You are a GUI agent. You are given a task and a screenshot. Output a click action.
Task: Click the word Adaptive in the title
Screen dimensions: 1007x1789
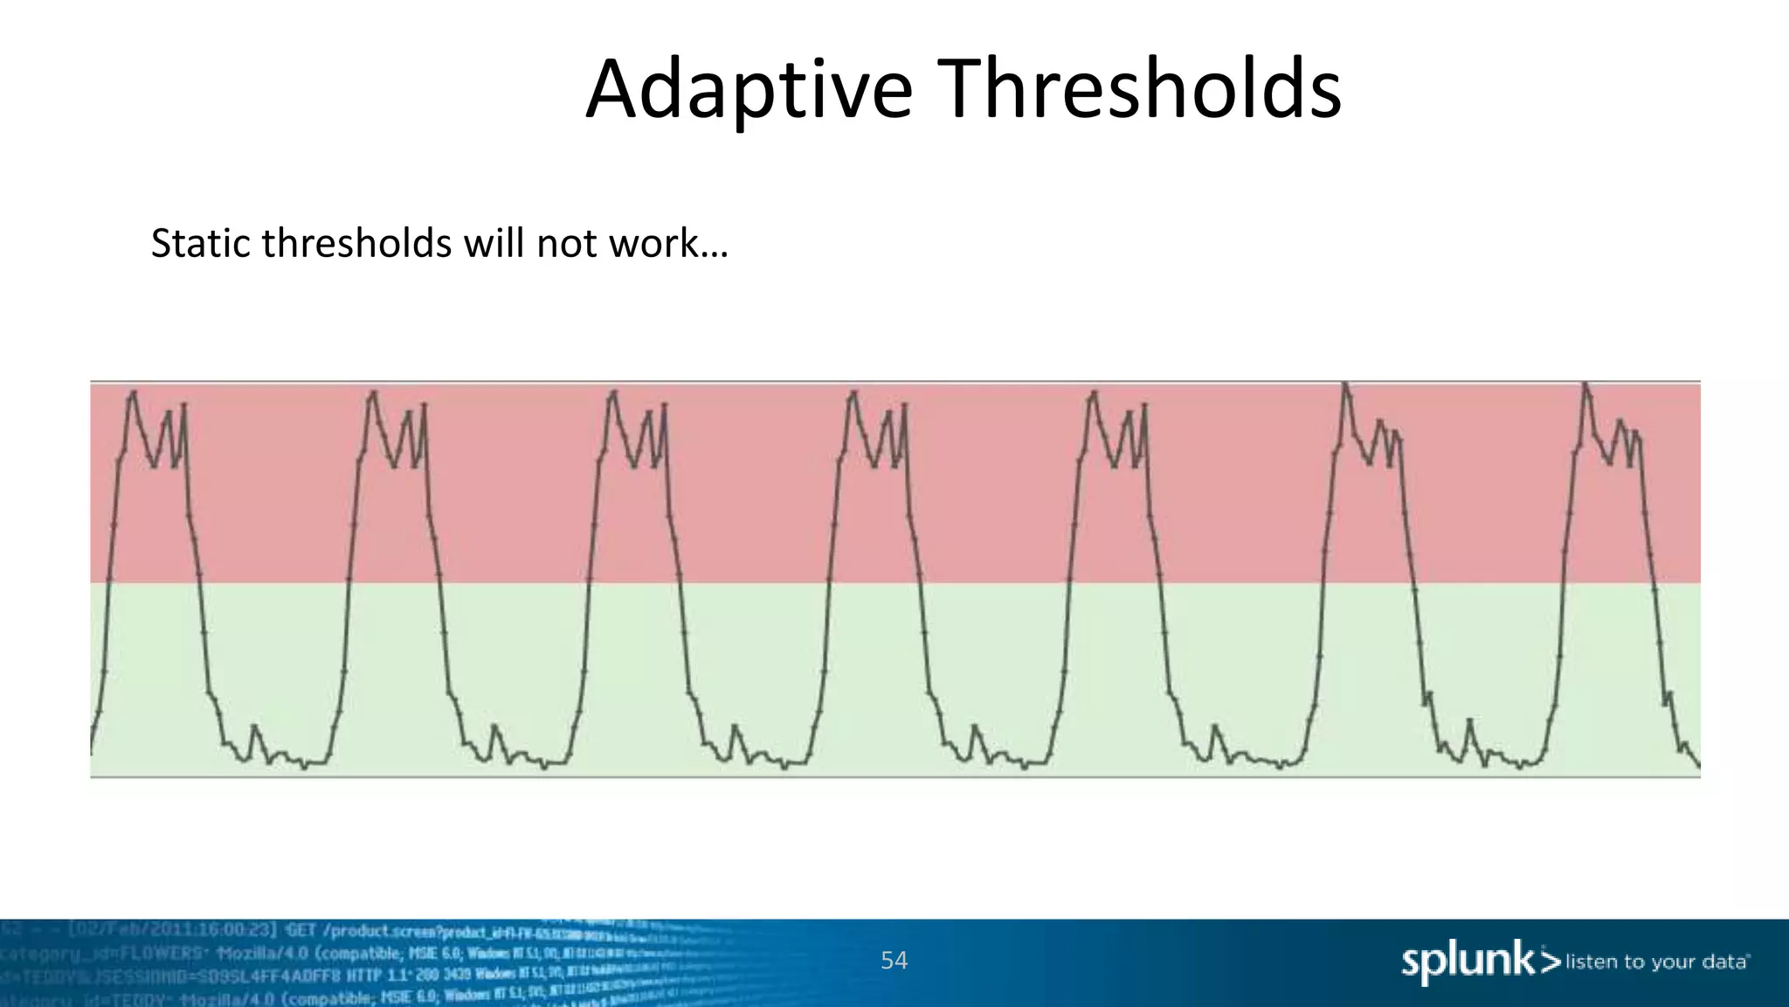point(749,90)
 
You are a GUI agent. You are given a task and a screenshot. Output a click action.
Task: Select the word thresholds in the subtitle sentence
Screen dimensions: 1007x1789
point(356,244)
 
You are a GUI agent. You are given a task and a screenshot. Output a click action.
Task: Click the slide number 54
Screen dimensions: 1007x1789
point(894,961)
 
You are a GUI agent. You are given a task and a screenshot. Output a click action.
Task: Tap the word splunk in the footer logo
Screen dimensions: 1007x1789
point(1468,962)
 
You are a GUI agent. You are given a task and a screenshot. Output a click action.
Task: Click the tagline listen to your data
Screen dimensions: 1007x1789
point(1656,962)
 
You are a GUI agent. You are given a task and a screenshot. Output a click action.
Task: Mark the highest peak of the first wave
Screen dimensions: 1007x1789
point(134,392)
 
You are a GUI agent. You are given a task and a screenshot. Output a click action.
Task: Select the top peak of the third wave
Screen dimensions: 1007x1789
point(614,392)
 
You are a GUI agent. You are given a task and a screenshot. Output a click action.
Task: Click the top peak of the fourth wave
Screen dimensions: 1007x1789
point(853,392)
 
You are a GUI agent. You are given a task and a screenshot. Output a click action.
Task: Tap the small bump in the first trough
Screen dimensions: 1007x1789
point(254,726)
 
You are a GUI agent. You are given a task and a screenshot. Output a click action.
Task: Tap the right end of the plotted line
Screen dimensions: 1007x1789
point(1699,767)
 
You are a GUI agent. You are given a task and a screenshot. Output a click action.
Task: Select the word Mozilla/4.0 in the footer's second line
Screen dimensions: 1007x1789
point(259,952)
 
